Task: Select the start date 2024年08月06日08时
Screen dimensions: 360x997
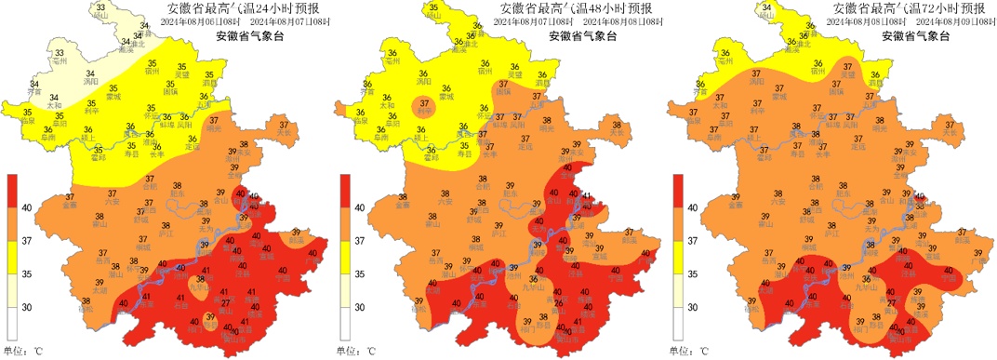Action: pyautogui.click(x=196, y=21)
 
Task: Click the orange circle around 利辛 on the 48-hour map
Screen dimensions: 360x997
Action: pyautogui.click(x=424, y=105)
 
